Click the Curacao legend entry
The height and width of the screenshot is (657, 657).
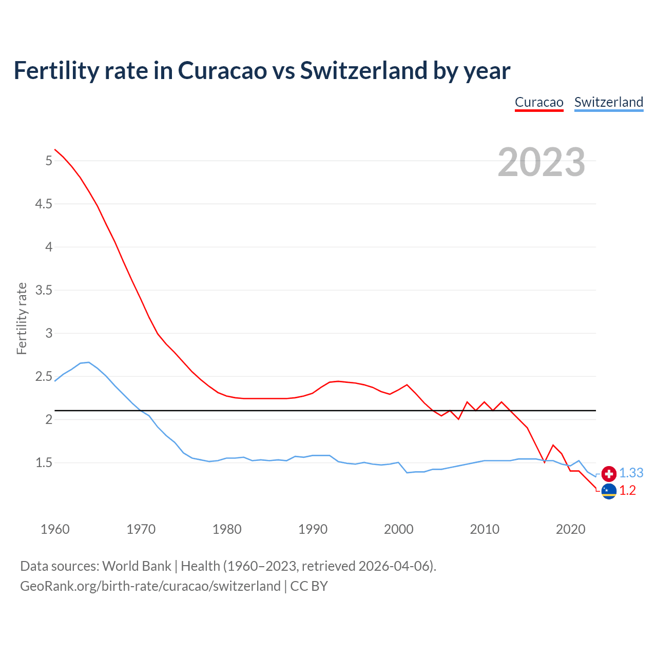[539, 102]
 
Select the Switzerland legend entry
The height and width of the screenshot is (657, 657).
[608, 102]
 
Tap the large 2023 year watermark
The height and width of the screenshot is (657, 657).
[542, 162]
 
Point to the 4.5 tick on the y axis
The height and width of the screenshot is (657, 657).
[44, 204]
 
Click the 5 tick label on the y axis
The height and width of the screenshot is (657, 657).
[49, 161]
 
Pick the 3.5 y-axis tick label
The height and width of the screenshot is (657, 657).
[44, 291]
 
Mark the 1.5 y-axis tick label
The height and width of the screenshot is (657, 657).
[44, 463]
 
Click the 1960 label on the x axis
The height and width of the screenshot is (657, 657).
[55, 529]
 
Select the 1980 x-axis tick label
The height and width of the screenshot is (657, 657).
[227, 529]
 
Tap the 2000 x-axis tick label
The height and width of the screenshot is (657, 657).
[399, 529]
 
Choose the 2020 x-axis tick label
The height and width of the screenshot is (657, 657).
[570, 529]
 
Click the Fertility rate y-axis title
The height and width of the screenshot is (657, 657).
[22, 318]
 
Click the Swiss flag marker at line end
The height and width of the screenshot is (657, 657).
[609, 474]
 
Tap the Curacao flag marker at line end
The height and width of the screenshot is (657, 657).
[609, 491]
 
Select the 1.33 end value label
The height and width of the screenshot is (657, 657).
[631, 473]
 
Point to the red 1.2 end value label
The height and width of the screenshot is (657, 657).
[627, 491]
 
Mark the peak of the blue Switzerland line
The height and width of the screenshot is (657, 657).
[89, 362]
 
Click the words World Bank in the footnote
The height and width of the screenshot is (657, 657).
[137, 566]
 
